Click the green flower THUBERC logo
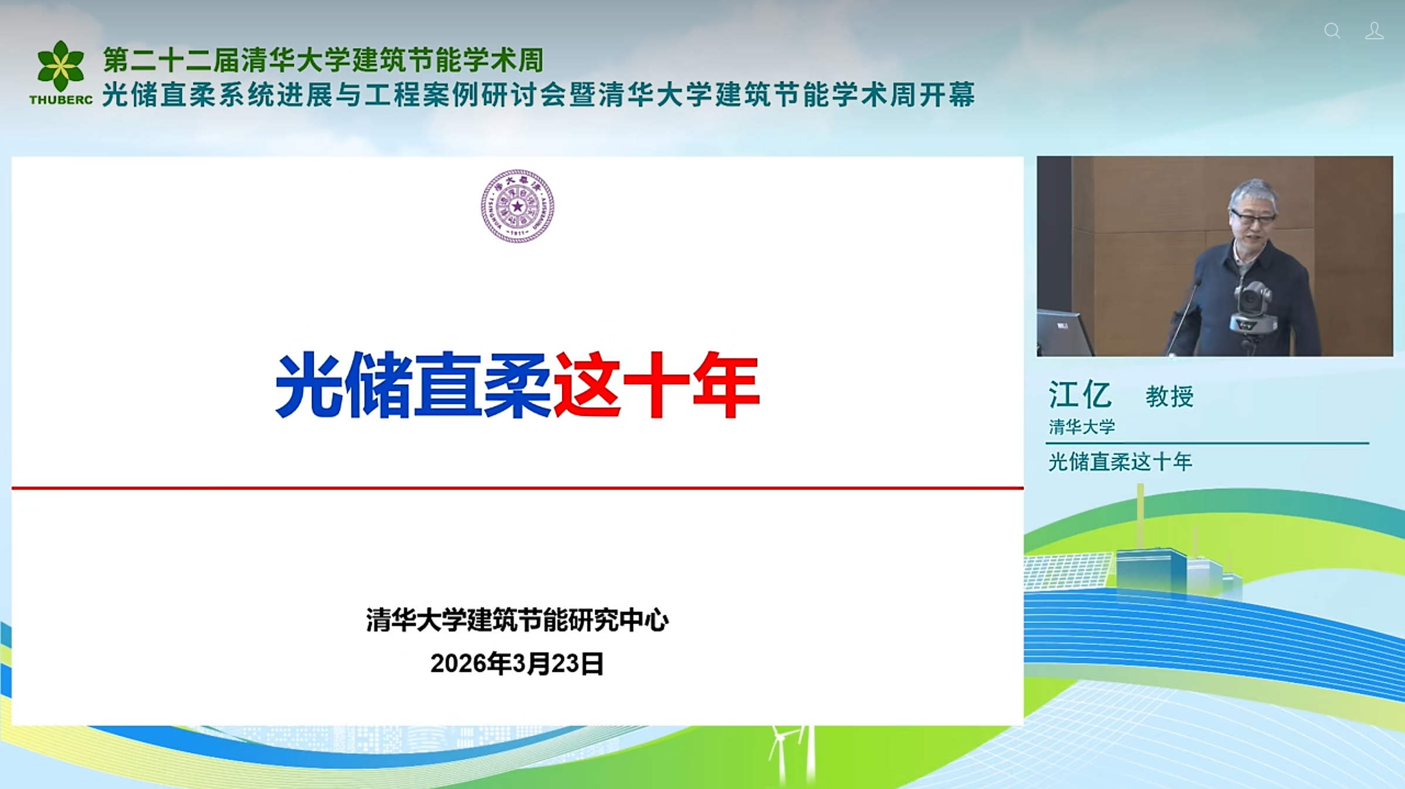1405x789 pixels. tap(60, 66)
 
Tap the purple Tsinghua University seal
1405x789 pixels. tap(517, 206)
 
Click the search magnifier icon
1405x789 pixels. tap(1332, 31)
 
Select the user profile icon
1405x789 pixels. tap(1374, 31)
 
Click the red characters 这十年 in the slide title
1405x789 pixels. tap(657, 385)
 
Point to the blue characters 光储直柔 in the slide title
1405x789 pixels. tap(413, 385)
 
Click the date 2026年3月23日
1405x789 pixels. tap(517, 663)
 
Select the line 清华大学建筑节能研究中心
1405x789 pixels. tap(517, 620)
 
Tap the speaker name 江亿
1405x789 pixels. tap(1080, 394)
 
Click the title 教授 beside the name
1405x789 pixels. tap(1169, 397)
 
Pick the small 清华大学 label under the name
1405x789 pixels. tap(1081, 426)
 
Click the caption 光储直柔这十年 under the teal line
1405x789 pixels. tap(1120, 462)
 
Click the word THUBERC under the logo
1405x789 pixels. tap(61, 100)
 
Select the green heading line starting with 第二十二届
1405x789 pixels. tap(323, 60)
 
